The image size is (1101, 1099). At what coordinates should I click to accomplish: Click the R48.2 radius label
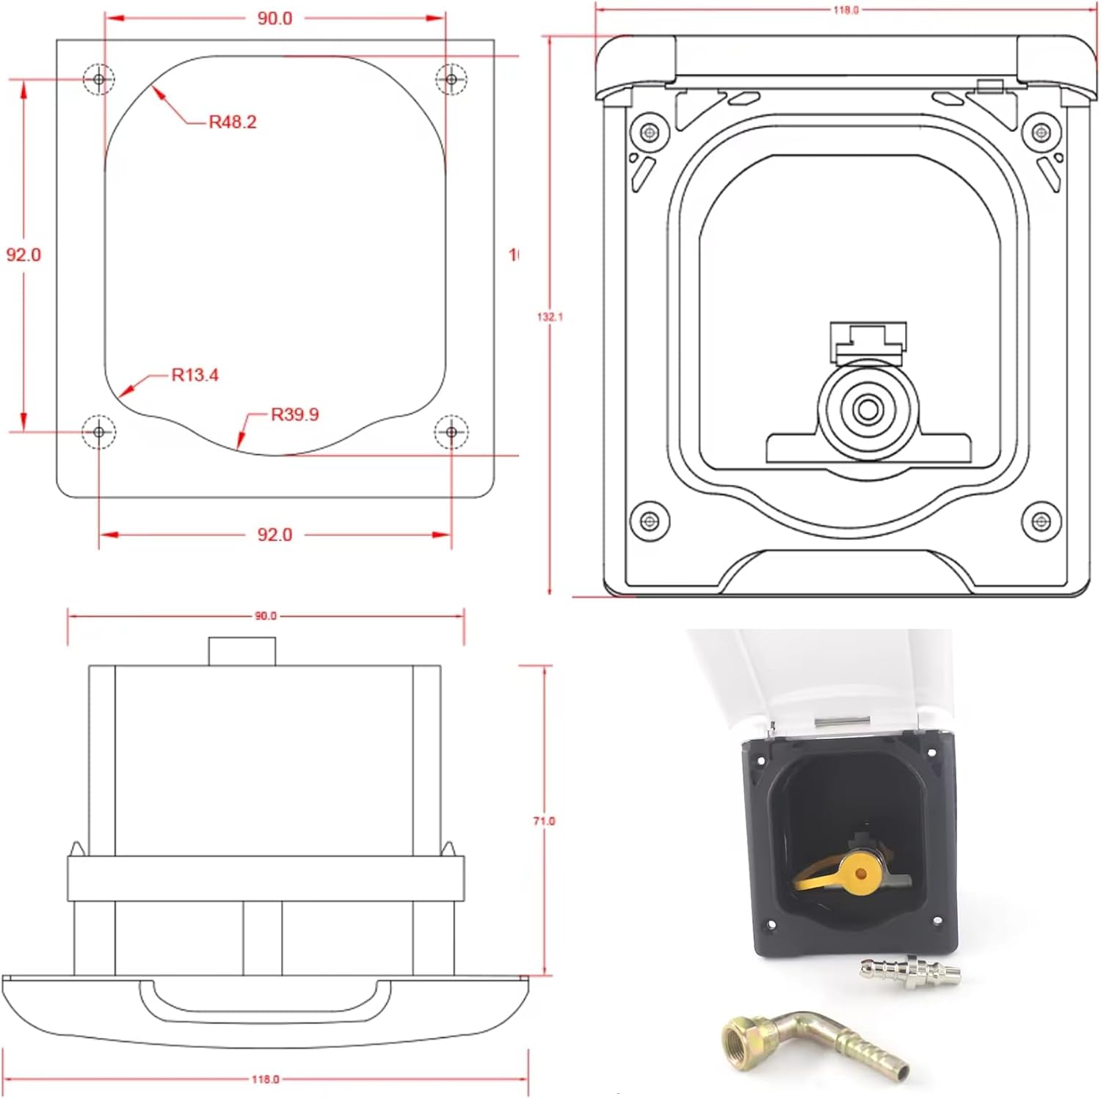point(233,122)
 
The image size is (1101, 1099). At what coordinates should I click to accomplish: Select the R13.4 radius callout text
point(195,375)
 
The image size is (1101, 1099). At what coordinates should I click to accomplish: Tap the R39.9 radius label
point(294,415)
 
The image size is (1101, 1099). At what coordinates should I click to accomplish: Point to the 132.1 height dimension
point(550,317)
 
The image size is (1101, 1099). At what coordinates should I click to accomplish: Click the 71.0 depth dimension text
point(544,821)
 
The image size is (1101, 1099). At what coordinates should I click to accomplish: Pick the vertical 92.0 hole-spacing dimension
point(23,255)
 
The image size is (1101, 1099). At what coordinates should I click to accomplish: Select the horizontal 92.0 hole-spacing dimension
point(275,535)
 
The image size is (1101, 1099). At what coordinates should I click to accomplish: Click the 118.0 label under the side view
point(265,1079)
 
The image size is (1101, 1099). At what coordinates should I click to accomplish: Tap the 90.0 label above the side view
point(265,616)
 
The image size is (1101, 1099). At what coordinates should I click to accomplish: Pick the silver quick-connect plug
point(910,971)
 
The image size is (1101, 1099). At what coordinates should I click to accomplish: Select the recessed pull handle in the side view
point(265,1001)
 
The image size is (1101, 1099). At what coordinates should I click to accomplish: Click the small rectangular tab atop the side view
point(241,651)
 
